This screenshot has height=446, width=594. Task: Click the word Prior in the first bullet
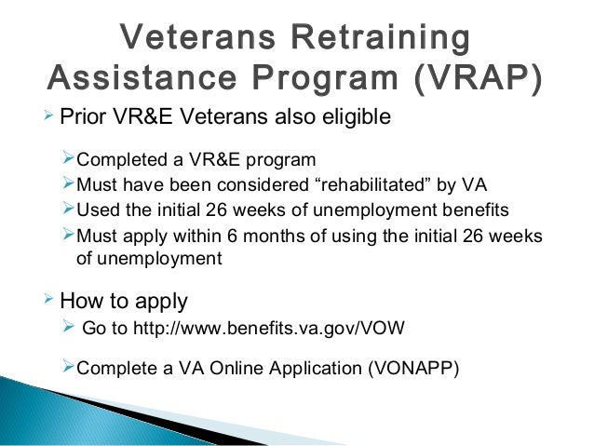[79, 118]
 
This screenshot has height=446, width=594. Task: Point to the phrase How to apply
[123, 302]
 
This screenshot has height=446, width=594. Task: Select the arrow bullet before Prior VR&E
[49, 118]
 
